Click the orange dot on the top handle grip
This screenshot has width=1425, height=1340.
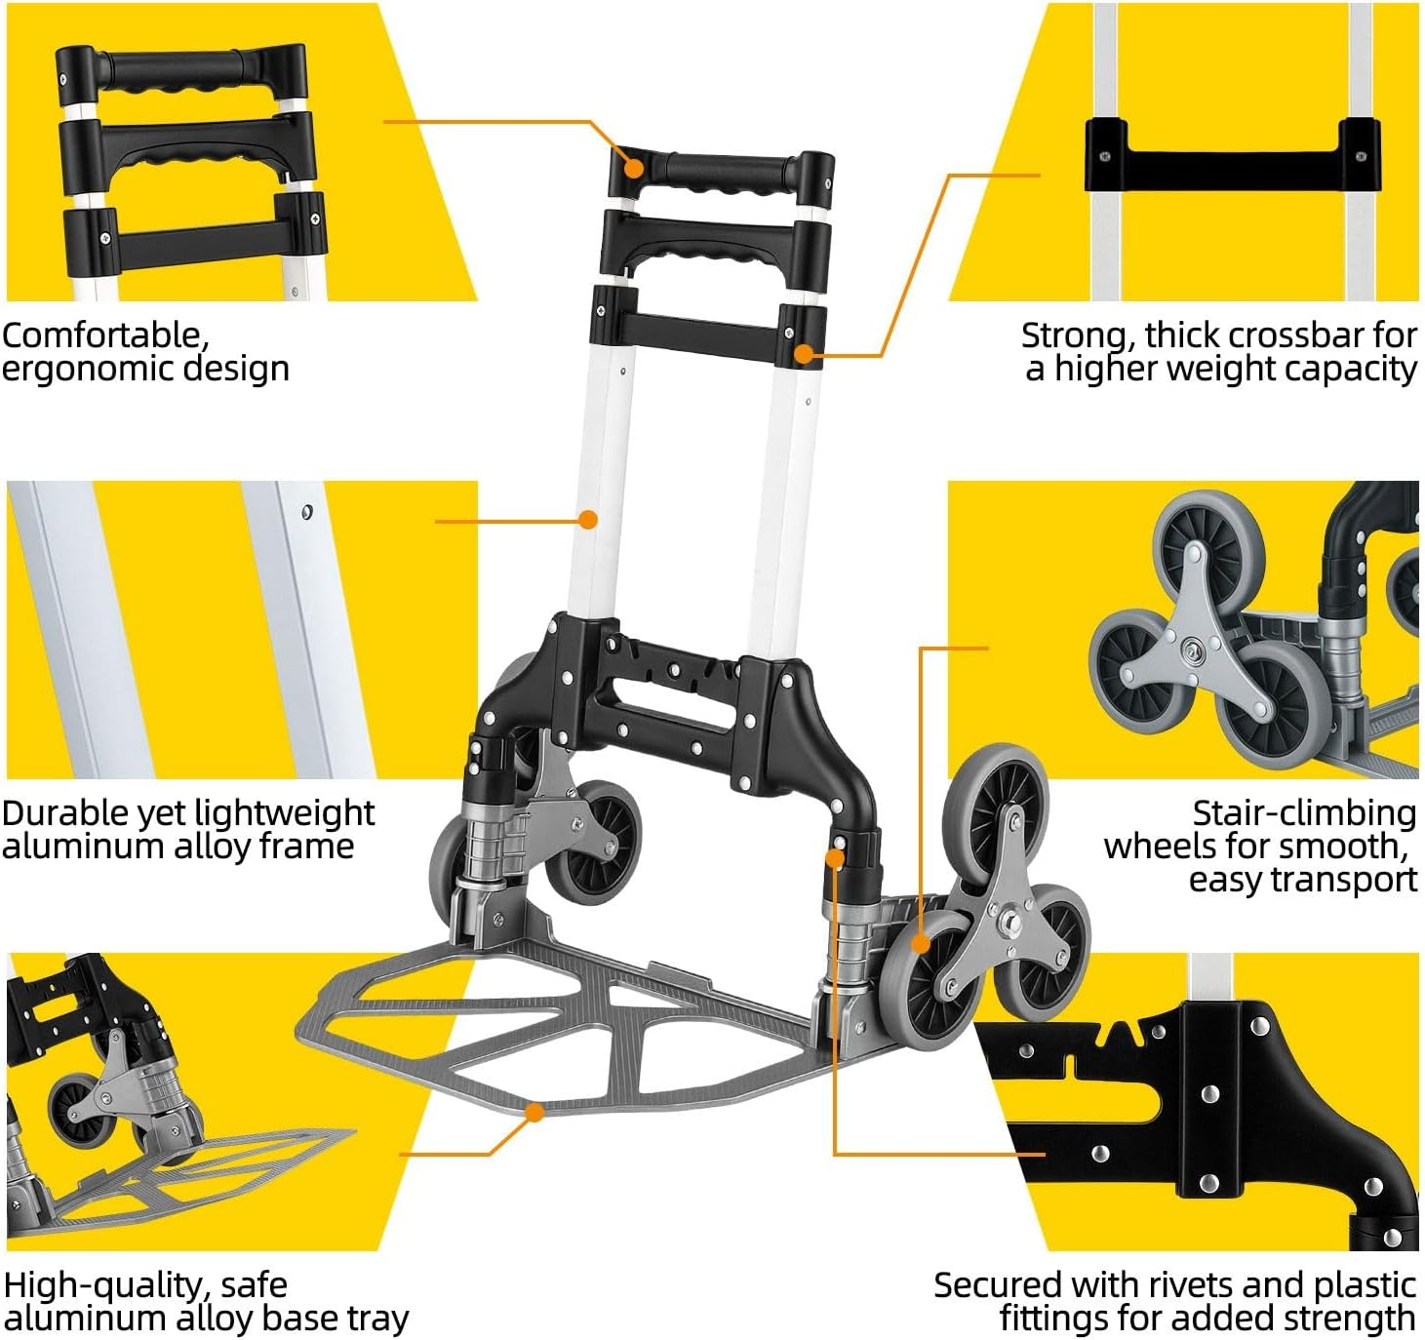634,167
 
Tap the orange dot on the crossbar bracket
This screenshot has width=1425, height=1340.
804,353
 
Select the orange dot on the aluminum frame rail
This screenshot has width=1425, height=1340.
587,520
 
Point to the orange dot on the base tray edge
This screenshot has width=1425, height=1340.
534,1112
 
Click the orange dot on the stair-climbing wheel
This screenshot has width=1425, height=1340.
920,943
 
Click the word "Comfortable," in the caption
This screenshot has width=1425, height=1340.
105,335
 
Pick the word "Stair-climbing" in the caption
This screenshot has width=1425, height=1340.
1304,812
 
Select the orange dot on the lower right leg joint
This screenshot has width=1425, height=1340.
835,858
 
